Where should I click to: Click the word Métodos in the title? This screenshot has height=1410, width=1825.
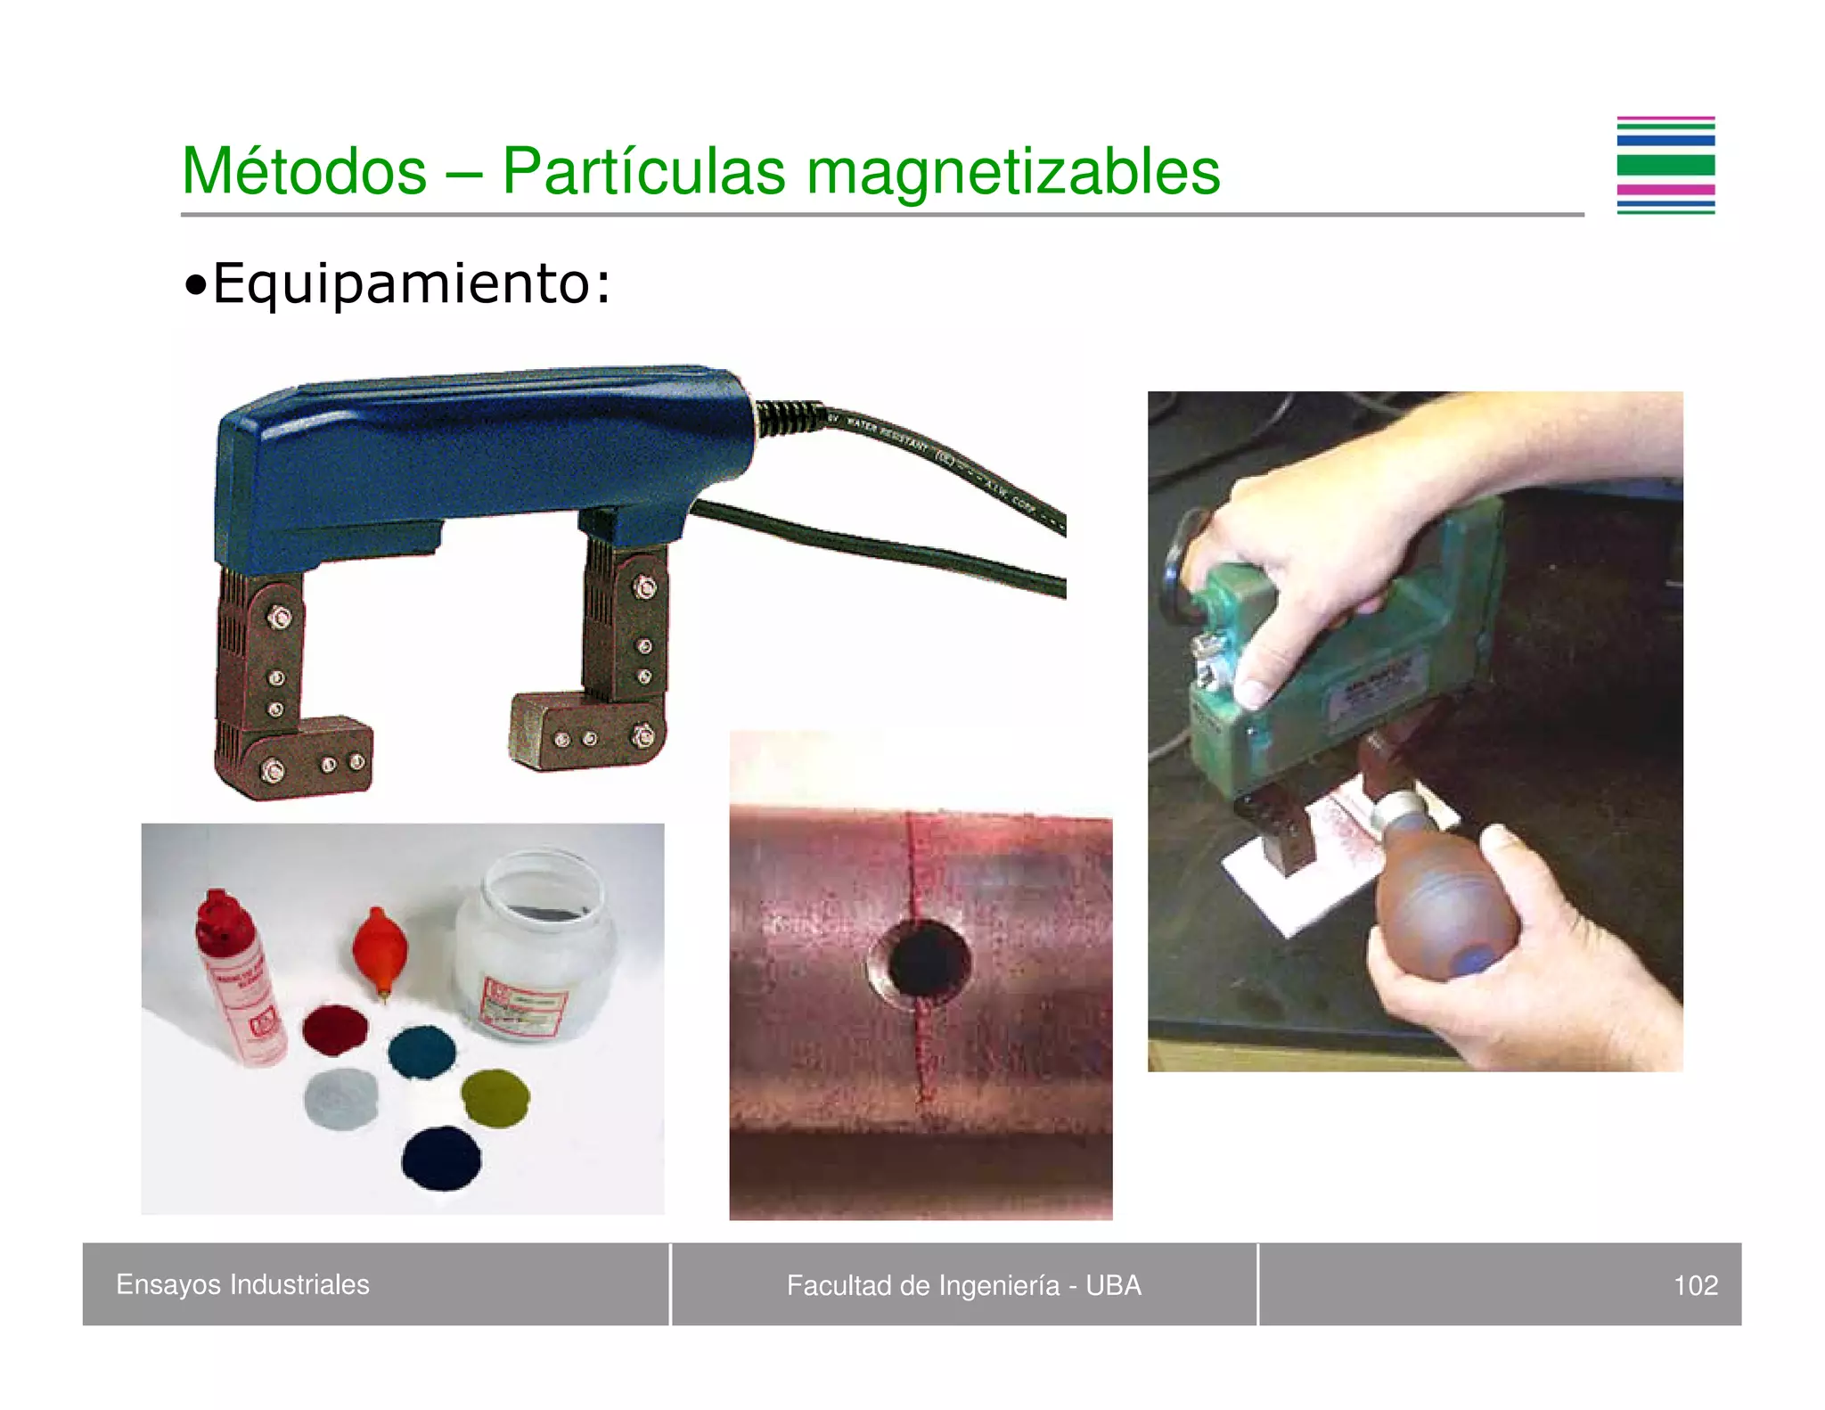(x=304, y=171)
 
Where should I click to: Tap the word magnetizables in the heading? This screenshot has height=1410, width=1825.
(x=1012, y=171)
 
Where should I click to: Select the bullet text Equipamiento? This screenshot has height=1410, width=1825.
(x=410, y=283)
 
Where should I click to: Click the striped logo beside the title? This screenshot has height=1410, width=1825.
(x=1665, y=166)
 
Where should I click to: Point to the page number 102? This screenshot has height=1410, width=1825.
(x=1695, y=1285)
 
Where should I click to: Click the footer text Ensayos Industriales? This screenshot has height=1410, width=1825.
(x=242, y=1284)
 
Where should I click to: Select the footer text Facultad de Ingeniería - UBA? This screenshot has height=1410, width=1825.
(x=963, y=1285)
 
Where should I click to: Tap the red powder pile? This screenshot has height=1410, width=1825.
(x=335, y=1030)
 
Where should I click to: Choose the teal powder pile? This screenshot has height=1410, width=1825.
(x=422, y=1053)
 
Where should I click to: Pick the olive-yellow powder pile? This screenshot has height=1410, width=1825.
(x=495, y=1098)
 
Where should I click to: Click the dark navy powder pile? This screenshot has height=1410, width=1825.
(x=441, y=1158)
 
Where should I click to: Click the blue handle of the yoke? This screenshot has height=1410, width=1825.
(x=481, y=446)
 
